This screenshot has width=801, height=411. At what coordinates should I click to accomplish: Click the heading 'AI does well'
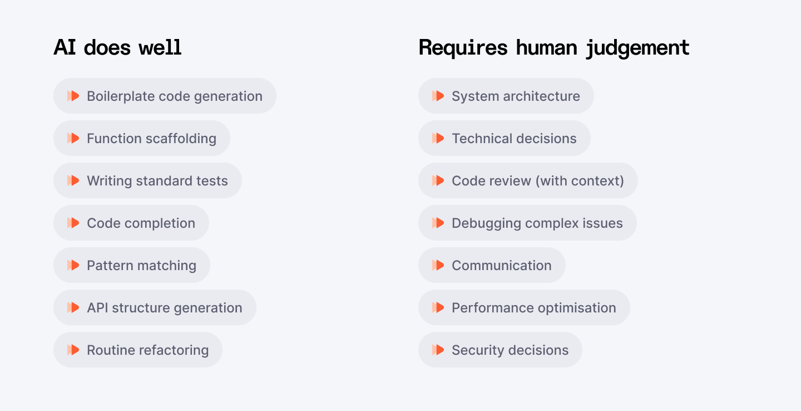[x=118, y=48]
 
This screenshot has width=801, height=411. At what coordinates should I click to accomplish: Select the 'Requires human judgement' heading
[x=554, y=48]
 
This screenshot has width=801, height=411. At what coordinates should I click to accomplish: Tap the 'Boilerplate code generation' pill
[x=165, y=96]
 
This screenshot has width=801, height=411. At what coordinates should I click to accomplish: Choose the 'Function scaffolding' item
[x=142, y=138]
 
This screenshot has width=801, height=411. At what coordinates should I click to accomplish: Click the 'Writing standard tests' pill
[x=147, y=180]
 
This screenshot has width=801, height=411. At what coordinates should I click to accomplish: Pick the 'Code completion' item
[x=131, y=223]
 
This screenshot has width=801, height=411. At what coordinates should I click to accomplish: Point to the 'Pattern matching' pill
[x=132, y=265]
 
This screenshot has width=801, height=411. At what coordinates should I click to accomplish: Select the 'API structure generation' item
[x=155, y=307]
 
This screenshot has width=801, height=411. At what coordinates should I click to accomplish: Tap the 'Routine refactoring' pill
[x=138, y=350]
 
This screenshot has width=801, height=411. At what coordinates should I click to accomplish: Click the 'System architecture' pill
[x=506, y=96]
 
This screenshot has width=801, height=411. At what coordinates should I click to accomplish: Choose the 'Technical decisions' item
[x=505, y=138]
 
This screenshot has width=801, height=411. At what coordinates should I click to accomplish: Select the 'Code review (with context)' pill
[x=528, y=180]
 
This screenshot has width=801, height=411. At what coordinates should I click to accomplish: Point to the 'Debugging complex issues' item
[x=527, y=223]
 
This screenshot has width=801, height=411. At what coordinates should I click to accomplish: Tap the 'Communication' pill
[x=492, y=265]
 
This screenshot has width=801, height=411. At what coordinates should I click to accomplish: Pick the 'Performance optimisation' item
[x=524, y=307]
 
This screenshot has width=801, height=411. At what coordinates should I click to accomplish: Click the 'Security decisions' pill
[x=500, y=350]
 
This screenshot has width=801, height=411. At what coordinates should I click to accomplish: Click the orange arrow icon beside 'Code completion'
[x=73, y=223]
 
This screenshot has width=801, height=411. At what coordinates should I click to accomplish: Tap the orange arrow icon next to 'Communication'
[x=438, y=265]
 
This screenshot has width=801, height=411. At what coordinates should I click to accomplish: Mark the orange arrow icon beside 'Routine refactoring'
[x=73, y=350]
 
